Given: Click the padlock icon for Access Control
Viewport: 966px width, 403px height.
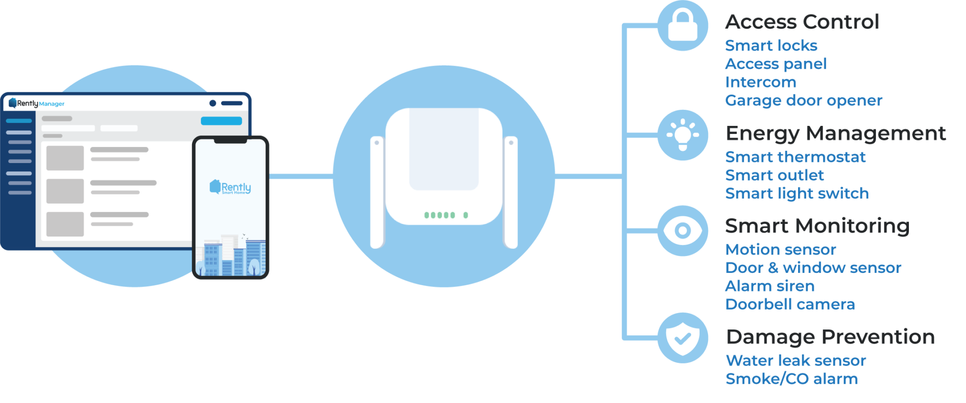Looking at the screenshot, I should [683, 25].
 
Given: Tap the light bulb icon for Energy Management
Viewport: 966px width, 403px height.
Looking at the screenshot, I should [683, 135].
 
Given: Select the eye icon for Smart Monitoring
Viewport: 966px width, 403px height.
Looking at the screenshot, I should [683, 230].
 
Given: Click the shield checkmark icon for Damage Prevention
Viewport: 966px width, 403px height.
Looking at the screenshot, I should [683, 338].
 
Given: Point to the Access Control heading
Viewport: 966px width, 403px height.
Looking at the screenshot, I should [802, 22].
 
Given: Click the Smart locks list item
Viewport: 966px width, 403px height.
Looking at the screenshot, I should [771, 46].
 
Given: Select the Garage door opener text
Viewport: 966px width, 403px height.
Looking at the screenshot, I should [803, 100].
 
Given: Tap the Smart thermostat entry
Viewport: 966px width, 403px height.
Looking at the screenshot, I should [795, 157].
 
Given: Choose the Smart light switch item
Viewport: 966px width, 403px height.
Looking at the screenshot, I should [797, 193].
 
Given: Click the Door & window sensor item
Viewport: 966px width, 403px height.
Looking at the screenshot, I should [813, 268].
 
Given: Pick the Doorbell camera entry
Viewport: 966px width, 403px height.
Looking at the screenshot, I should [790, 304].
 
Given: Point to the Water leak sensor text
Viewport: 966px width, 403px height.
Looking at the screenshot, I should [796, 361].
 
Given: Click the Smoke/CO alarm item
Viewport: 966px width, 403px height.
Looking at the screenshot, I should [791, 379].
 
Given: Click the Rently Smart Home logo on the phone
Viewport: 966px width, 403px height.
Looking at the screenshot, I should [230, 187].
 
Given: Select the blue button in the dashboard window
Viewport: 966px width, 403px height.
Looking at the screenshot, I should [221, 121].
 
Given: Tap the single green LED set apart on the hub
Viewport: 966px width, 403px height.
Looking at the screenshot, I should [466, 215].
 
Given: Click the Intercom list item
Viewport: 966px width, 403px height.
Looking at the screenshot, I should [760, 82].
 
